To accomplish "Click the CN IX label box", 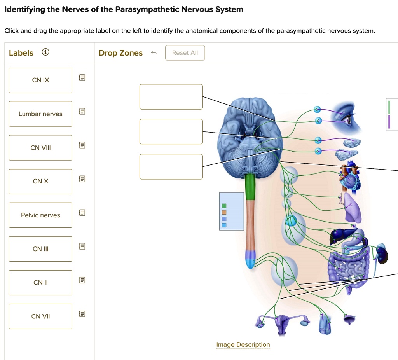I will click(x=40, y=80).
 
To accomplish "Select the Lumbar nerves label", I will click(x=40, y=114).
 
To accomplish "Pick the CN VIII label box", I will click(x=40, y=148).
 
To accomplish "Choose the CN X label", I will click(x=40, y=181).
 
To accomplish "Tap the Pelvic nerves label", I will click(x=40, y=215).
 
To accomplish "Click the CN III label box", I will click(x=40, y=249).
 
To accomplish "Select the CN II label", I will click(x=40, y=283).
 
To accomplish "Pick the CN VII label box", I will click(x=40, y=316).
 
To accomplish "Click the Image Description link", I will click(x=243, y=344).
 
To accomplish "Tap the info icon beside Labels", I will click(x=45, y=52).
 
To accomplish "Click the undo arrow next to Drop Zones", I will click(x=154, y=53).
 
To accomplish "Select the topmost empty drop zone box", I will click(x=171, y=97).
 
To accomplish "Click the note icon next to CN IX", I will click(x=82, y=78).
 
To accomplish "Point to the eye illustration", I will click(x=348, y=117).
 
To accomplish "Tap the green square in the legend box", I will click(x=224, y=206).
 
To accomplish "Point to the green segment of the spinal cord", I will click(x=250, y=187).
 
